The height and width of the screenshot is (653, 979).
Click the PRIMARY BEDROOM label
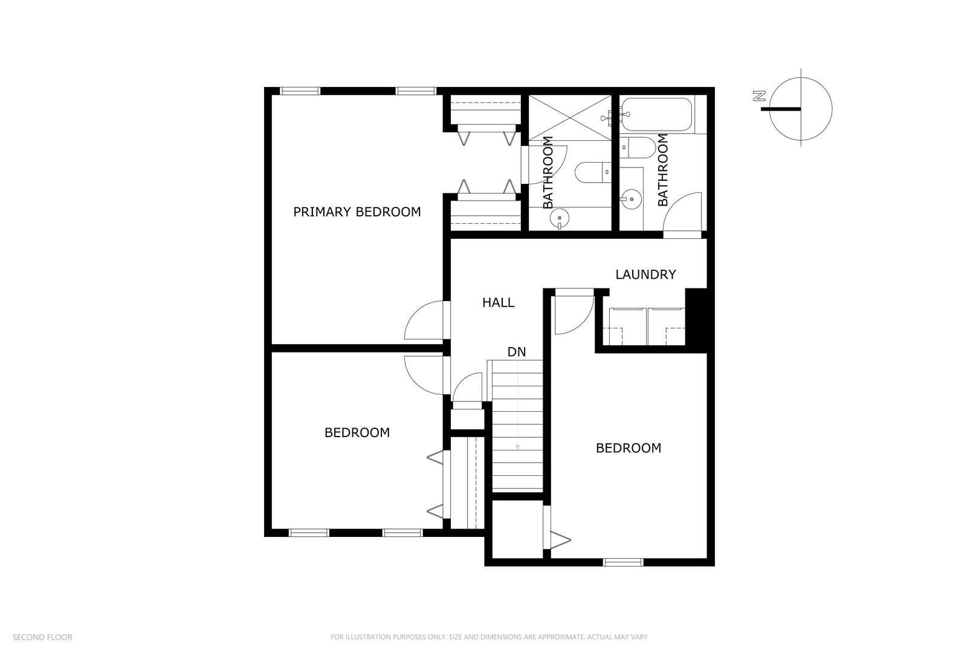point(357,212)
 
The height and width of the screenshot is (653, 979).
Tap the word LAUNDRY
point(645,275)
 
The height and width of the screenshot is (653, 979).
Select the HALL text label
point(498,302)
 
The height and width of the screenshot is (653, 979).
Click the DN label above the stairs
point(516,352)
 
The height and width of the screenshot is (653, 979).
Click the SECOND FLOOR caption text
point(42,637)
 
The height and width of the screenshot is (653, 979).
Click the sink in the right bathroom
point(630,198)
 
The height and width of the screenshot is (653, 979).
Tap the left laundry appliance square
point(625,326)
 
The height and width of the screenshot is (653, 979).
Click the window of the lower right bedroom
point(622,562)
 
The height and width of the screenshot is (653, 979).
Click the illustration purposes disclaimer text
point(489,637)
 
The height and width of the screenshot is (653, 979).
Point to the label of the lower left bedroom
point(357,433)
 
